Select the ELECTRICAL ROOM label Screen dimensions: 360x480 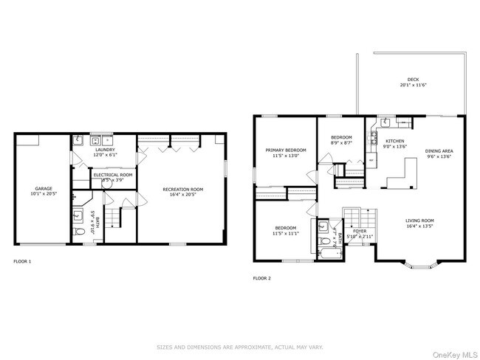[x=112, y=174]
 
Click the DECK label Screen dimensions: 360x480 [x=414, y=80]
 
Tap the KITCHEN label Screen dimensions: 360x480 [x=394, y=141]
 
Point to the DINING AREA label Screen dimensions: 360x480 [x=439, y=151]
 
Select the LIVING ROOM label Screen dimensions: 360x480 [x=419, y=220]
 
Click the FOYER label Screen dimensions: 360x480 [x=360, y=231]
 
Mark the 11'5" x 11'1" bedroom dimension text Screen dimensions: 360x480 [x=286, y=233]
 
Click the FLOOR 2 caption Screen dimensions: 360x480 [x=262, y=279]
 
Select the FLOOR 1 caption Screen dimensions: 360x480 [x=23, y=261]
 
